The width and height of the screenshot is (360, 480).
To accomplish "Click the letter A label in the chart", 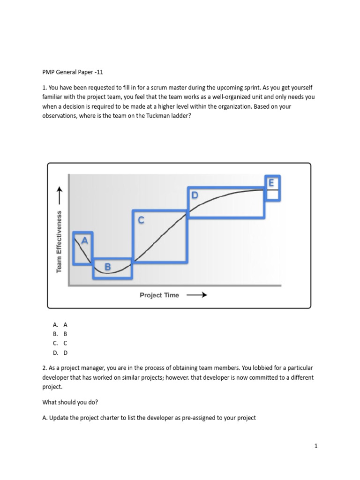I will pyautogui.click(x=84, y=240).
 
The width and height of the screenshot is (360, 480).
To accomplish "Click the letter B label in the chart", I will pyautogui.click(x=107, y=267).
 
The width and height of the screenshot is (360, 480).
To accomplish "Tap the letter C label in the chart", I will pyautogui.click(x=141, y=220).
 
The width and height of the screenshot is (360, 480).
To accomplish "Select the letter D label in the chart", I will pyautogui.click(x=195, y=195).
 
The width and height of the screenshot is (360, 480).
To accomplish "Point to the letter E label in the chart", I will pyautogui.click(x=270, y=183).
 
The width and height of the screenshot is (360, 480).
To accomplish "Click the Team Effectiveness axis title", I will pyautogui.click(x=60, y=240).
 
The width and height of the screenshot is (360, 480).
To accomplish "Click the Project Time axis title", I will pyautogui.click(x=159, y=295).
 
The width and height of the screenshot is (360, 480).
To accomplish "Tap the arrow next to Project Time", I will pyautogui.click(x=197, y=295).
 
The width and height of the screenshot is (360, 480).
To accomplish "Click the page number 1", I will pyautogui.click(x=316, y=446).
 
